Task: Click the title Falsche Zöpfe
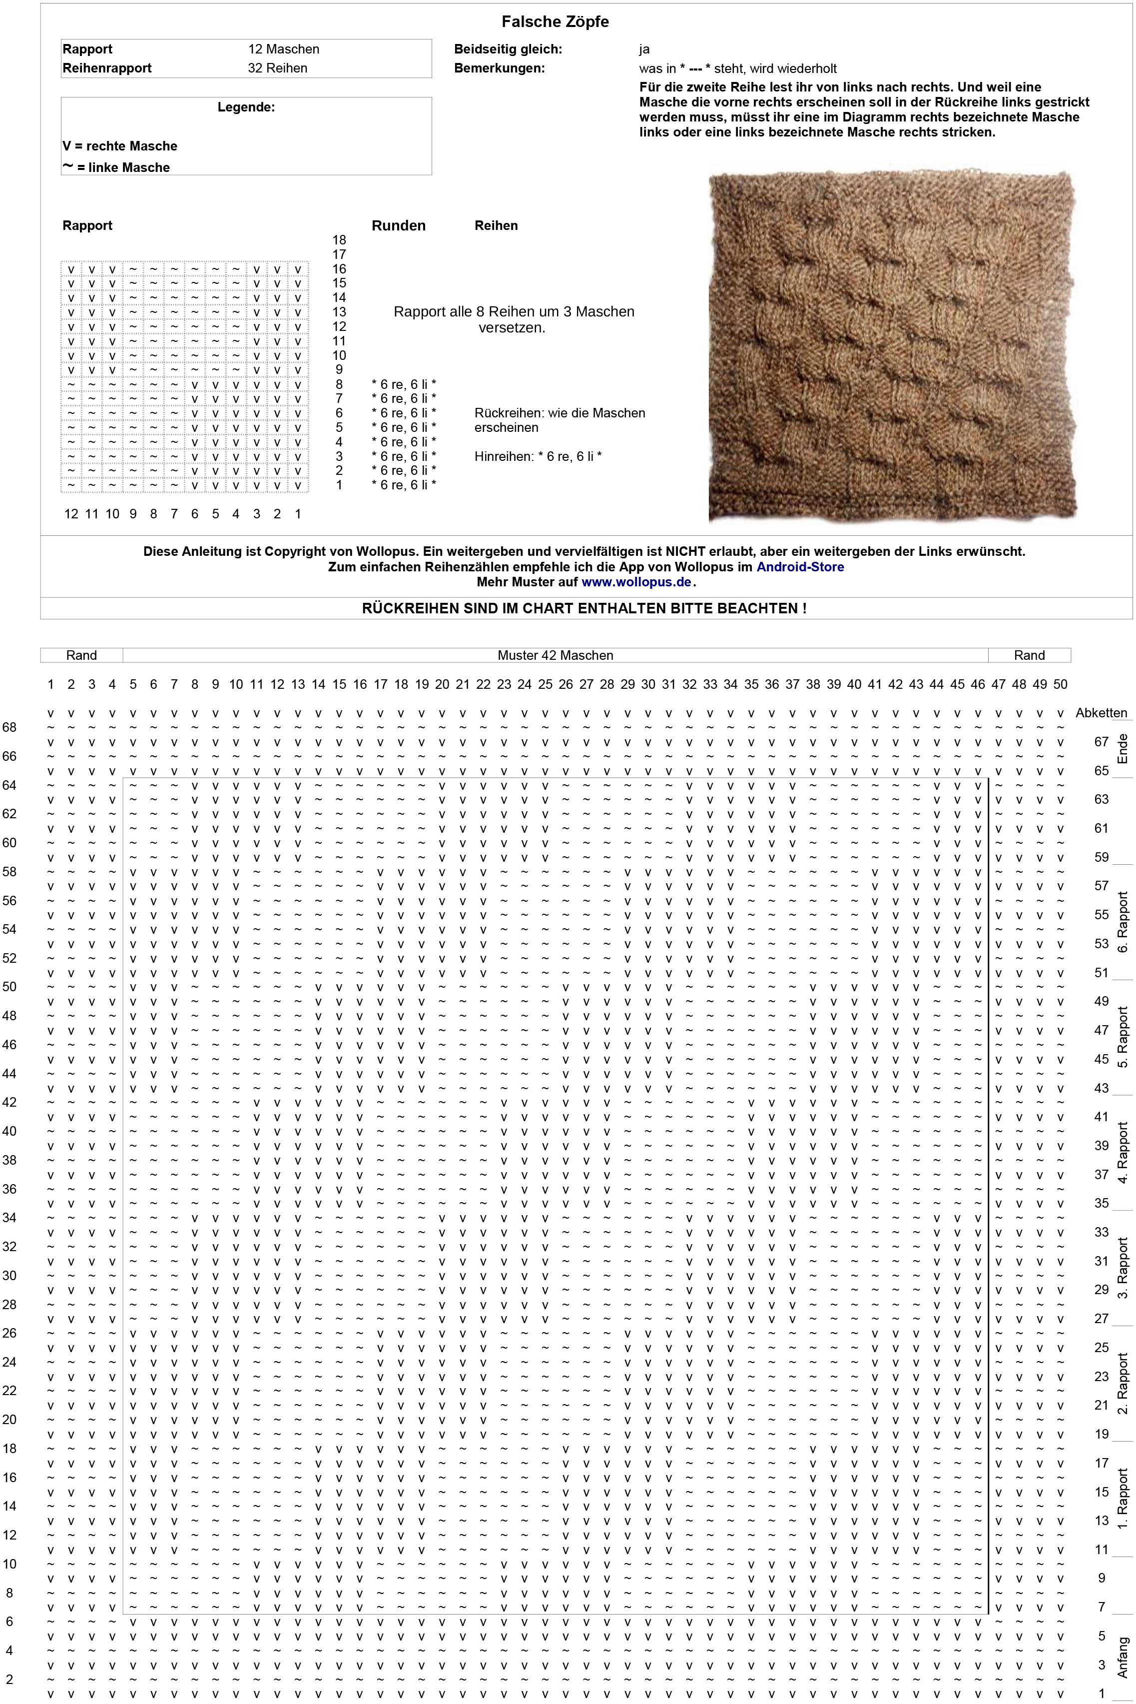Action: (x=555, y=22)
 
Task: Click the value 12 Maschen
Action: (x=283, y=49)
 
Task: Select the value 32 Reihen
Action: (x=277, y=68)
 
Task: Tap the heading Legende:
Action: (x=246, y=107)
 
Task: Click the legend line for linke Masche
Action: (x=116, y=167)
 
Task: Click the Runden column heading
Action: (x=399, y=225)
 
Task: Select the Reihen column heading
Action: (x=496, y=225)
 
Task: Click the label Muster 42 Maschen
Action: (x=555, y=655)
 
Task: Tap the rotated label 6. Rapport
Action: (x=1122, y=922)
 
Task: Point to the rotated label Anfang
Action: (x=1122, y=1657)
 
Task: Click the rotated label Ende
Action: (x=1122, y=748)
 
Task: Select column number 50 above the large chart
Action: (x=1060, y=684)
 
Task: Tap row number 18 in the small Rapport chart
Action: (x=339, y=240)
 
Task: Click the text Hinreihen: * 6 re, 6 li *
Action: (x=539, y=457)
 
